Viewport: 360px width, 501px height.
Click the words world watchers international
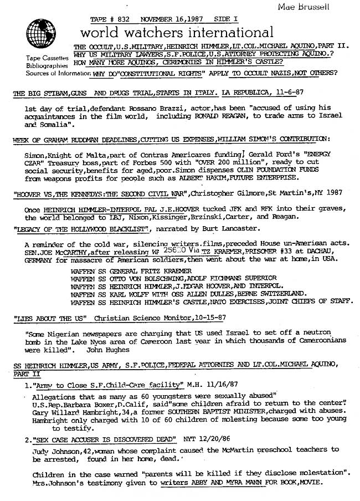(x=177, y=32)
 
